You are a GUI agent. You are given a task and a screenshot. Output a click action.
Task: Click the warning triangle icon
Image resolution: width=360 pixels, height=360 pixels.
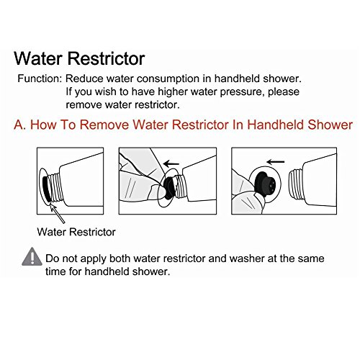[x=32, y=257]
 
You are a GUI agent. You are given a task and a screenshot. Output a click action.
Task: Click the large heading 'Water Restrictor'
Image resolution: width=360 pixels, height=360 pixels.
[x=79, y=58]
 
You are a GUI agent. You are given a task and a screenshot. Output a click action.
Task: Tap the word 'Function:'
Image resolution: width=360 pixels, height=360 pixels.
[x=40, y=78]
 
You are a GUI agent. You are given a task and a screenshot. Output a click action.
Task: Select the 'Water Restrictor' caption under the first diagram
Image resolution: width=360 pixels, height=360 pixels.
[x=76, y=232]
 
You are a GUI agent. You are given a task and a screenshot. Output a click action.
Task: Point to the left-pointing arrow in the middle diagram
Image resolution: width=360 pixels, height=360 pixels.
[x=171, y=163]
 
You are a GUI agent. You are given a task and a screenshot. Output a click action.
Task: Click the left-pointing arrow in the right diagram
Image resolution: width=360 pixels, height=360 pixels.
[x=276, y=162]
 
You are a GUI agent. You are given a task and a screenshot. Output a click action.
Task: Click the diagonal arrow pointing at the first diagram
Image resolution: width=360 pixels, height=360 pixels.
[x=57, y=214]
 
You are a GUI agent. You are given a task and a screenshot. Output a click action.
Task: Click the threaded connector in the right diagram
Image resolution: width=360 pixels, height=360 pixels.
[x=296, y=184]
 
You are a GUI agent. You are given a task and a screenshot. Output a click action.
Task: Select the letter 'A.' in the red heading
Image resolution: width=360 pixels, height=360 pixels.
[x=19, y=125]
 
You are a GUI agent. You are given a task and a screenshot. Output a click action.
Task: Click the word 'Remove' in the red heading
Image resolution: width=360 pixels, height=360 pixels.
[x=104, y=125]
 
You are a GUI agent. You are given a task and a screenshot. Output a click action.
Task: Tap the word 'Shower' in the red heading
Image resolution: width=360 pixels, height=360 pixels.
[x=330, y=125]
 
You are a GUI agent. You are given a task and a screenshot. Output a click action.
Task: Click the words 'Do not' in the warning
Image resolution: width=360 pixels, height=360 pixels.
[x=62, y=258]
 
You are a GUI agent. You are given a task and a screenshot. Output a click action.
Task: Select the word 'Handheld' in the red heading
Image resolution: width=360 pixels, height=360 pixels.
[x=276, y=125]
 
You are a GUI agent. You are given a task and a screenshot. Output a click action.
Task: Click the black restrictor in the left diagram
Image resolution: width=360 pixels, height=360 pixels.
[x=45, y=189]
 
